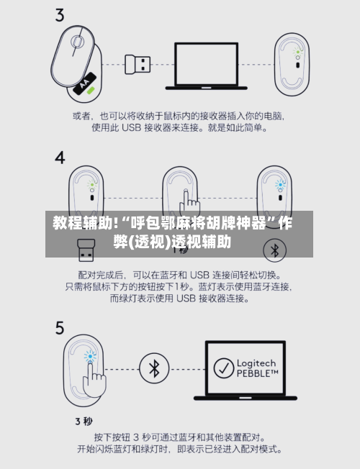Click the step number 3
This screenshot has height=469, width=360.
[60, 14]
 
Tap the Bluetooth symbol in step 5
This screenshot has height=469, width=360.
[153, 368]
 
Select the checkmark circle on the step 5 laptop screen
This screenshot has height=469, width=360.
[225, 368]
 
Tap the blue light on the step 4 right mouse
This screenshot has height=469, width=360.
[280, 183]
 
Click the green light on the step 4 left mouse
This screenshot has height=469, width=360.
[91, 183]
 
